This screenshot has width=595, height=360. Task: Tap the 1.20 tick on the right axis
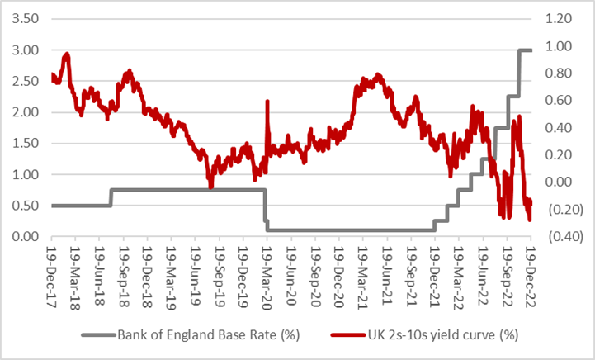click(560, 18)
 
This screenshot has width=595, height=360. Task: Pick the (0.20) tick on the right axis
click(558, 210)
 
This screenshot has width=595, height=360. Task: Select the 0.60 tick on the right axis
click(560, 101)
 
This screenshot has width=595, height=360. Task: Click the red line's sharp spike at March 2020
click(267, 102)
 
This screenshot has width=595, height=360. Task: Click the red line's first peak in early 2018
click(67, 54)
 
